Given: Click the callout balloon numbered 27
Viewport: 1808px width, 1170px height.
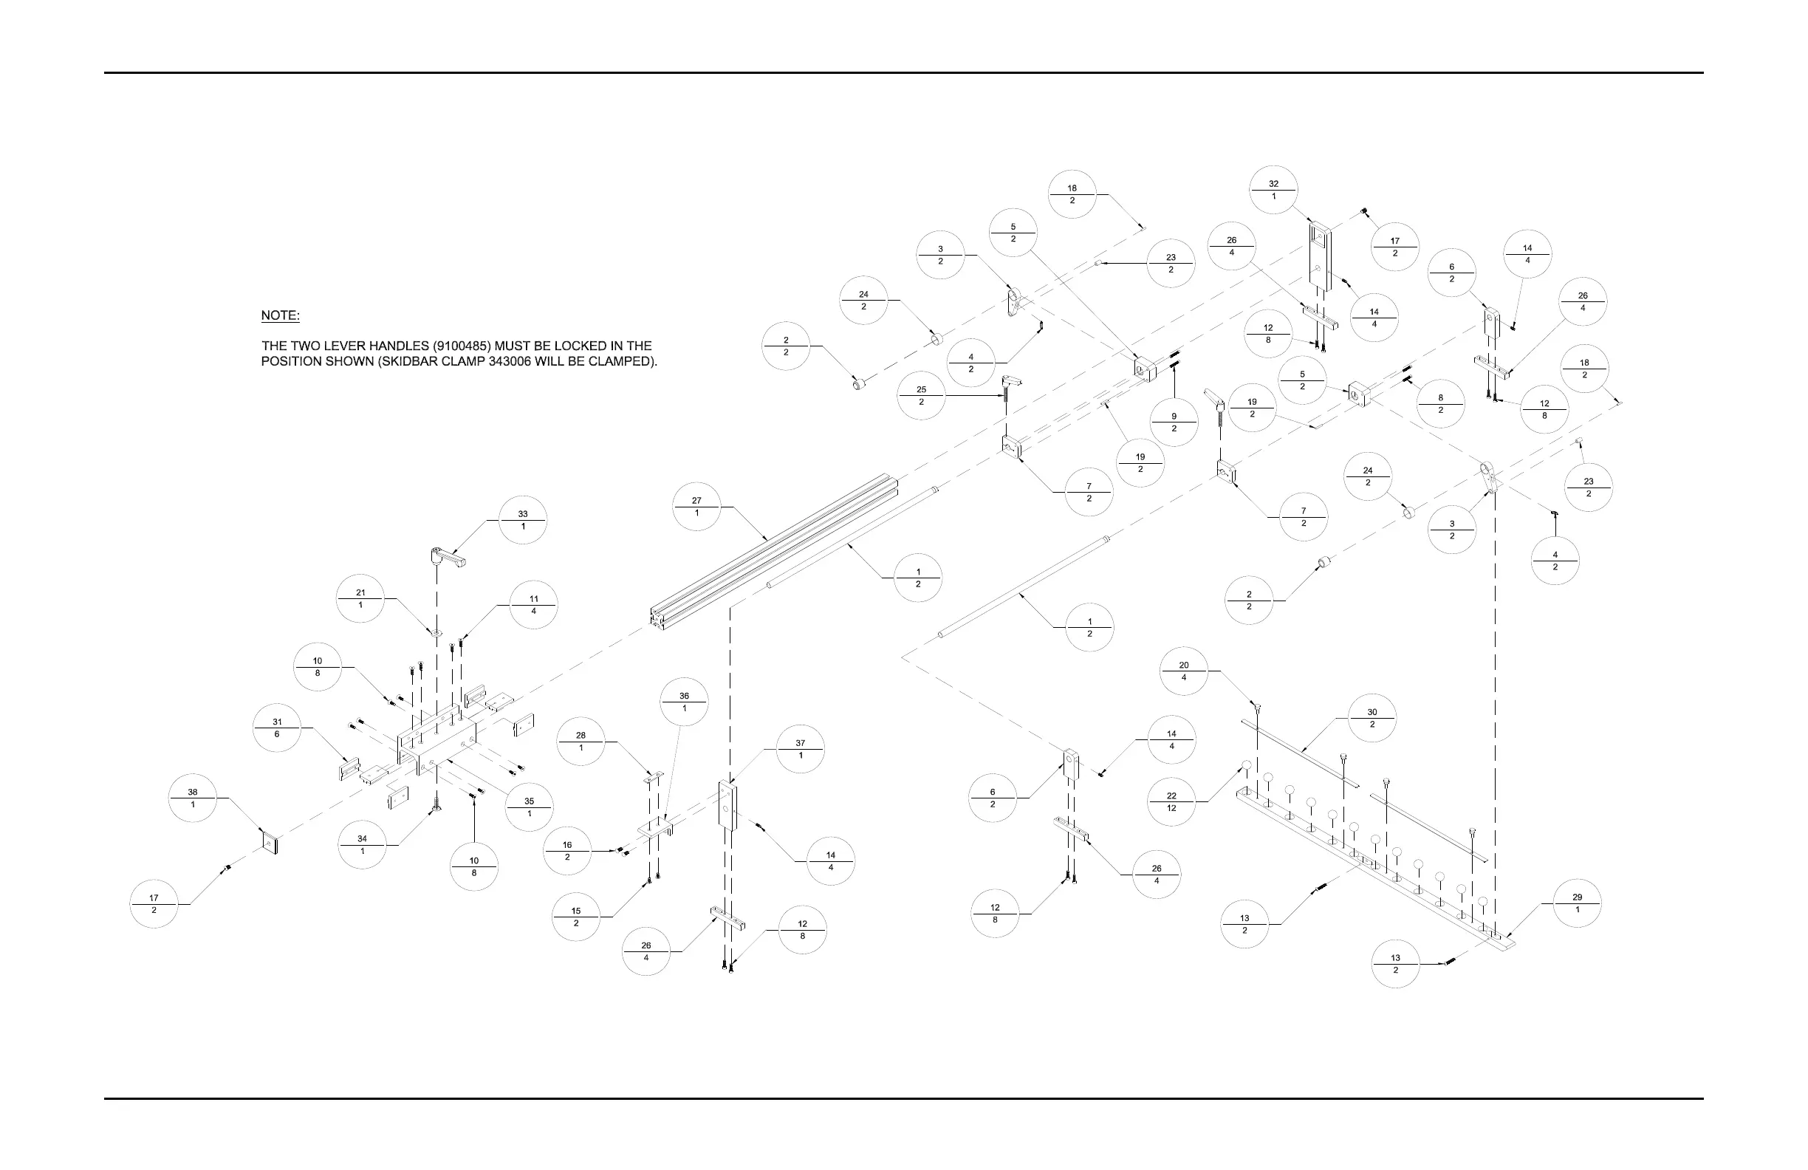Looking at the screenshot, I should (x=696, y=507).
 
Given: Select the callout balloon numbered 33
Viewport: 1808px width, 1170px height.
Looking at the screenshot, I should (x=523, y=521).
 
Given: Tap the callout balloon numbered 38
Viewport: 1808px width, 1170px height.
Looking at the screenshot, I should (x=193, y=798).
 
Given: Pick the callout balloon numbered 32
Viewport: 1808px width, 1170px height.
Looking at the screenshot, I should (x=1273, y=190).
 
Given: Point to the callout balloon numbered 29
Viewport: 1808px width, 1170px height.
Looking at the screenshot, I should (x=1577, y=903).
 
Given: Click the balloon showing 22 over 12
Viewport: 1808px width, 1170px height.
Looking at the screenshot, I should (x=1171, y=801).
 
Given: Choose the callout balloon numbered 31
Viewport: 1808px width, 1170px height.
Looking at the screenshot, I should (x=277, y=728).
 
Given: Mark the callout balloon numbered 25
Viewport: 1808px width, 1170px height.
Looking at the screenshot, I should (x=922, y=395).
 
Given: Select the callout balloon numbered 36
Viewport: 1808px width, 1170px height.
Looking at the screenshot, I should (x=685, y=702).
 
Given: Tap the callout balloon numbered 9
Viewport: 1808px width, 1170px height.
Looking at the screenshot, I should (x=1174, y=422).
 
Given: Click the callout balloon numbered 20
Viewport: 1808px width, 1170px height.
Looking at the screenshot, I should (x=1184, y=671).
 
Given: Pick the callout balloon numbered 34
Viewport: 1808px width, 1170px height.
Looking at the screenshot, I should (x=363, y=845).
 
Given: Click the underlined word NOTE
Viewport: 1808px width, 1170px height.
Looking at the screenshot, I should (x=281, y=315).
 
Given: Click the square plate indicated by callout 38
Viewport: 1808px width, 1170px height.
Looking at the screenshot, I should (x=270, y=843).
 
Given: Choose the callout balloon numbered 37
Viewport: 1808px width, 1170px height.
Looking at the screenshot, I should (x=801, y=749).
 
